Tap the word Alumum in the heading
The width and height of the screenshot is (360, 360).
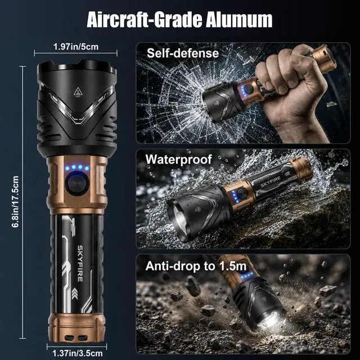coord(238,20)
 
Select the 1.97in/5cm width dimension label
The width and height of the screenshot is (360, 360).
coord(76,47)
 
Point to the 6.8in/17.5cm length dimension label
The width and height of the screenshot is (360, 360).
coord(15,202)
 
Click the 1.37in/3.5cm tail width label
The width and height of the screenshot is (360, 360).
coord(78,353)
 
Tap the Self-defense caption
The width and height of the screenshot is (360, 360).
coord(183,53)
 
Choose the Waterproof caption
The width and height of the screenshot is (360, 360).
coord(179,159)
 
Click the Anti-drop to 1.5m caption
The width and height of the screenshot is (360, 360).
coord(196,266)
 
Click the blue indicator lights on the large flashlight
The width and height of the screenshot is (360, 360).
coord(77,168)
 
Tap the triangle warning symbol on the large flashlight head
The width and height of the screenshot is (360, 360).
coord(78,92)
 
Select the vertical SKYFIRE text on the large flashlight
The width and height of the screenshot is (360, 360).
coord(80,263)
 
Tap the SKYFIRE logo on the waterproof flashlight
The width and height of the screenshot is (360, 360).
coord(270,182)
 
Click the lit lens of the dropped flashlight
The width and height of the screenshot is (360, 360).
coord(271,319)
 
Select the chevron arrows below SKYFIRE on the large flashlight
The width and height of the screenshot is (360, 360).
coord(74,294)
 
